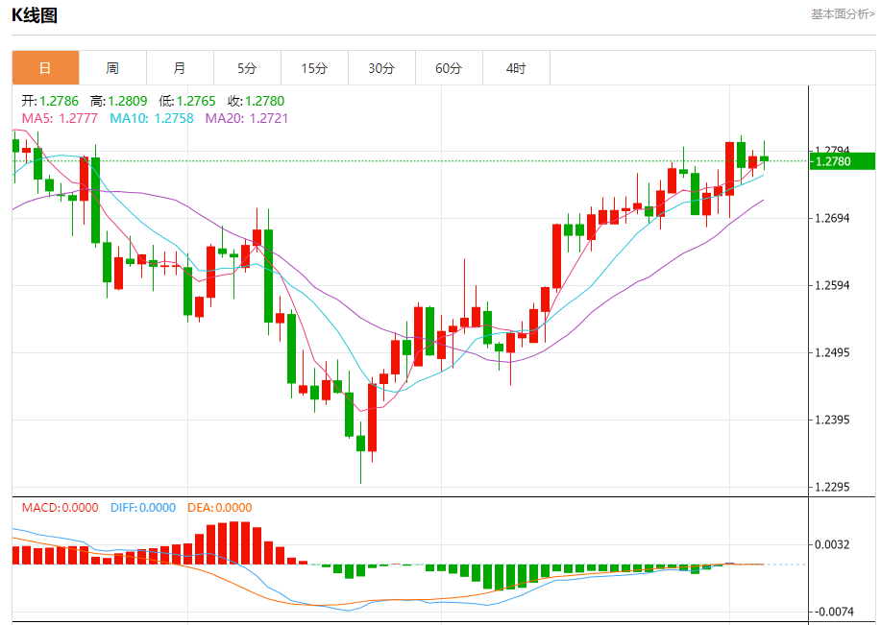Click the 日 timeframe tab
pyautogui.click(x=45, y=68)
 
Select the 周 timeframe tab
pyautogui.click(x=112, y=68)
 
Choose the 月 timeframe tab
pyautogui.click(x=180, y=68)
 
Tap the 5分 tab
pyautogui.click(x=247, y=68)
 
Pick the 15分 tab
pyautogui.click(x=314, y=68)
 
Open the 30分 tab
pyautogui.click(x=381, y=68)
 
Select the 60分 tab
pyautogui.click(x=449, y=68)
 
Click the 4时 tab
pyautogui.click(x=516, y=68)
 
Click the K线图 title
pyautogui.click(x=35, y=15)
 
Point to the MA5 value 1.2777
pyautogui.click(x=78, y=118)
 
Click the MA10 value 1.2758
pyautogui.click(x=174, y=118)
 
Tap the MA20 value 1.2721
pyautogui.click(x=269, y=118)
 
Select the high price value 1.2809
pyautogui.click(x=128, y=101)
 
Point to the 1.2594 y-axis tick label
pyautogui.click(x=833, y=285)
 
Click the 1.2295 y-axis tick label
pyautogui.click(x=833, y=487)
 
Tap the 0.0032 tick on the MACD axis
pyautogui.click(x=833, y=544)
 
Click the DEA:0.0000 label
pyautogui.click(x=220, y=508)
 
